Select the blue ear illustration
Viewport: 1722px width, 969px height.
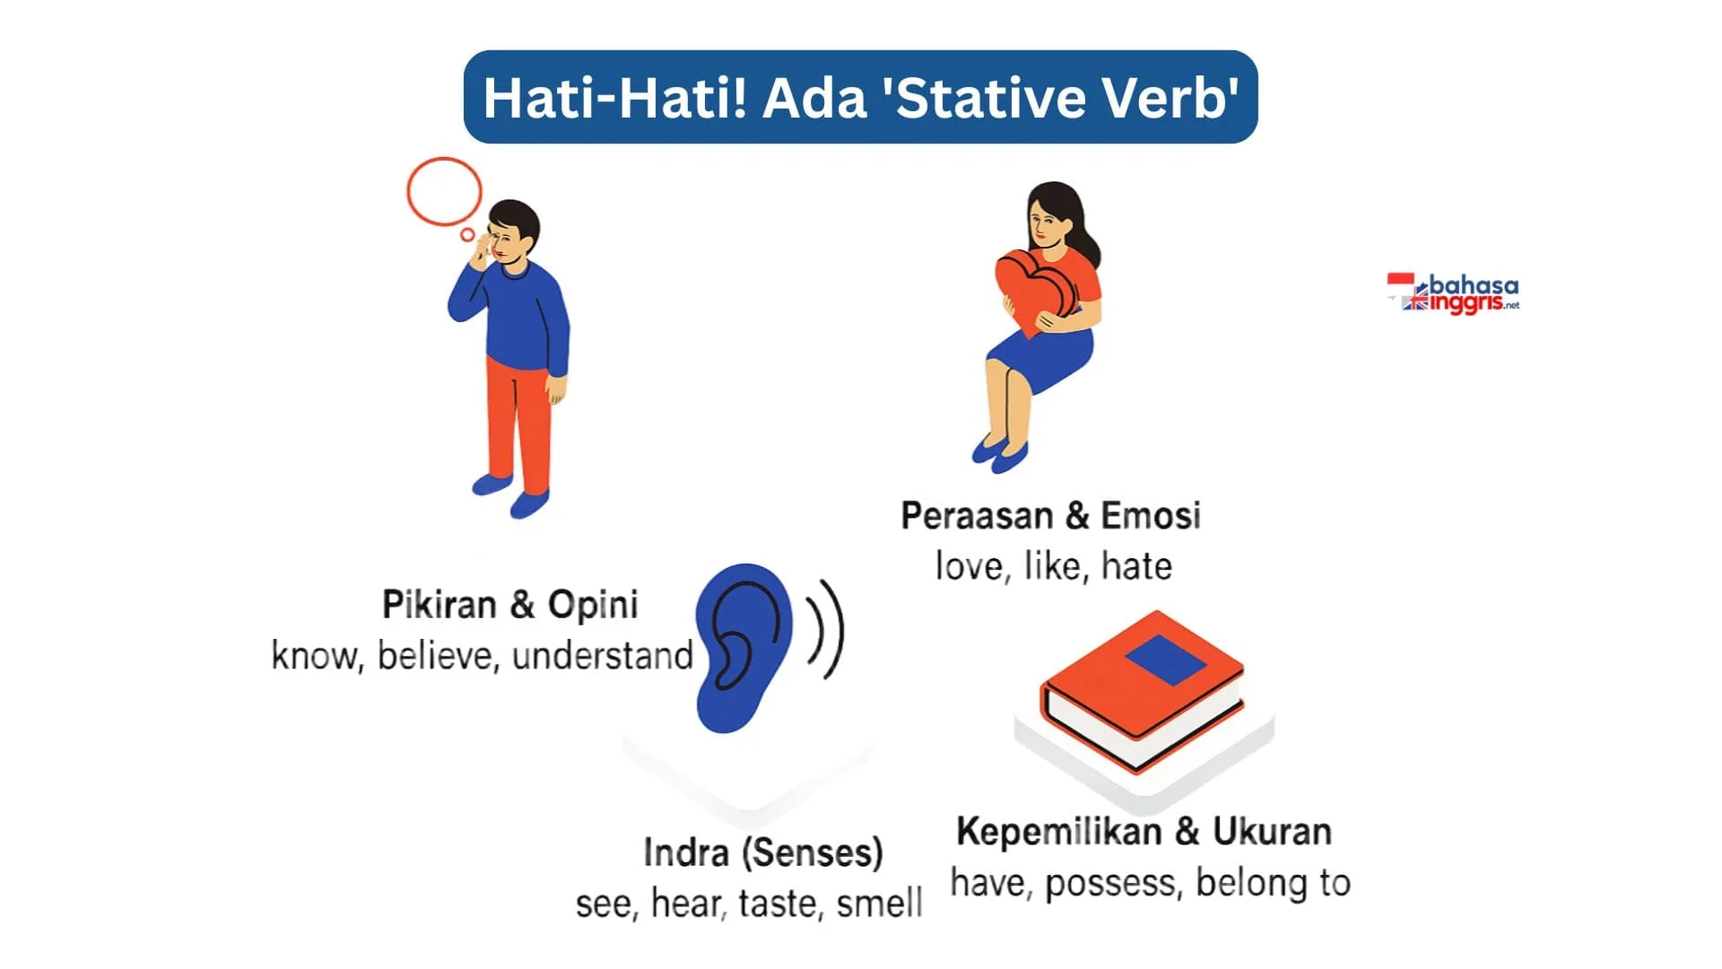pos(743,648)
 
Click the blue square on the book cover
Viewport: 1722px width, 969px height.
pos(1166,659)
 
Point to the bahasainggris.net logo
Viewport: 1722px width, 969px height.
pos(1453,293)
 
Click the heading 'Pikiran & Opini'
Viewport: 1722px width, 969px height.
pos(509,604)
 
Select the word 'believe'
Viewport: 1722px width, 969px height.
pos(437,655)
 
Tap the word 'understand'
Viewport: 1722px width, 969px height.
pos(603,655)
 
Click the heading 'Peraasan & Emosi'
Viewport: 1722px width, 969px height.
pos(1050,515)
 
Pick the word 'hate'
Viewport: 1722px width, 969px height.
pos(1136,566)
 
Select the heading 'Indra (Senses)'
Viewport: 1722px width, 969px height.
pos(763,852)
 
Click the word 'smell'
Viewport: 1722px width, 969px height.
pos(879,903)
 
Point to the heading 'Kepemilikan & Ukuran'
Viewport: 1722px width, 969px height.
pos(1144,831)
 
